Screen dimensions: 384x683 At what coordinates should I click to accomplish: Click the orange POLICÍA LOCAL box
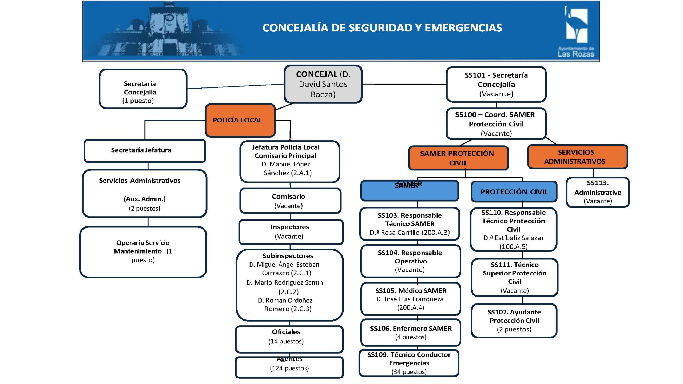(x=240, y=120)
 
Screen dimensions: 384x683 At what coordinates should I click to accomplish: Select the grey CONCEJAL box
(x=323, y=84)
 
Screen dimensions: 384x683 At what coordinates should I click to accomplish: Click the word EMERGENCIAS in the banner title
(x=463, y=28)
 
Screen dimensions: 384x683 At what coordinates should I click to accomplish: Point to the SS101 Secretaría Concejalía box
(x=496, y=84)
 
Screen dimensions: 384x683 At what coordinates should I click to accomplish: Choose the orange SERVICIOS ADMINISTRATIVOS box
(x=577, y=157)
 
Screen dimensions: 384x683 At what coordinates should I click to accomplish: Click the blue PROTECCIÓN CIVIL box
(x=514, y=192)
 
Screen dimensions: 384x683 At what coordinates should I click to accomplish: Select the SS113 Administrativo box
(x=598, y=192)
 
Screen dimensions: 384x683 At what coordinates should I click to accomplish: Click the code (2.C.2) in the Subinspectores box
(x=288, y=292)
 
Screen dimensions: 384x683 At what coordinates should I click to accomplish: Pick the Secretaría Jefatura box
(x=145, y=150)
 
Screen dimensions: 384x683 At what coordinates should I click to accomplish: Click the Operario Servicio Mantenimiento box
(x=143, y=252)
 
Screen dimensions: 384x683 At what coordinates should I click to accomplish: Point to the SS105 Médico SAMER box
(x=410, y=299)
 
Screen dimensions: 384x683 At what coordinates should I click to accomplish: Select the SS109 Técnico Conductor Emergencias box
(x=409, y=363)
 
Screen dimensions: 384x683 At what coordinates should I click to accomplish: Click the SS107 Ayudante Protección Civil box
(x=514, y=321)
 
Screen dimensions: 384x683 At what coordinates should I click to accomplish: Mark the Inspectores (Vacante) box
(x=291, y=232)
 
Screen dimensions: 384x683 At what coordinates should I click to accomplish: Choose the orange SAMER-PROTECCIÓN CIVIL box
(x=458, y=158)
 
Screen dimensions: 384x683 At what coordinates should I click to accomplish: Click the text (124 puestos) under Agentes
(x=289, y=368)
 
